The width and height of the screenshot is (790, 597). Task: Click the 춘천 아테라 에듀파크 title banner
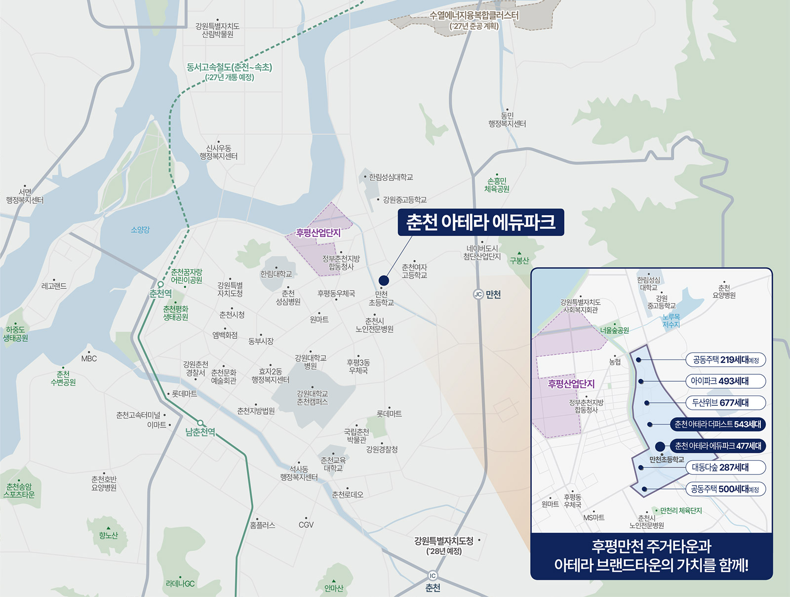(x=480, y=222)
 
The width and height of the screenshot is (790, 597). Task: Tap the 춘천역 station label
(x=161, y=294)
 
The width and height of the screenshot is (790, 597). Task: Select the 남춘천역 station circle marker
(x=200, y=423)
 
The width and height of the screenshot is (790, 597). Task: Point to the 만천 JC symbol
(x=478, y=294)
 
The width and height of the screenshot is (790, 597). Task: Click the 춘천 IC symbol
(x=433, y=576)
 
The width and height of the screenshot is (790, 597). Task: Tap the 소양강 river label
(x=140, y=230)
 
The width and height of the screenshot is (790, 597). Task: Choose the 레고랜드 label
(x=54, y=286)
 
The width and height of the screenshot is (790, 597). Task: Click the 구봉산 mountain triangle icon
(x=519, y=253)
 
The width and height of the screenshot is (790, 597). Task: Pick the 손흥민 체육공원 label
(x=497, y=185)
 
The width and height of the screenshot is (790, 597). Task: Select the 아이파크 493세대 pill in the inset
(x=725, y=381)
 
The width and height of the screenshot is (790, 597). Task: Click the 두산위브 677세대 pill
(x=725, y=403)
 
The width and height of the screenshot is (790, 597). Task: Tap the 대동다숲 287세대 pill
(x=725, y=468)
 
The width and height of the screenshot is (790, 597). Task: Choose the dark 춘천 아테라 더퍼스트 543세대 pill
(x=717, y=424)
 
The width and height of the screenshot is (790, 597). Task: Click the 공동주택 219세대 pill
(x=725, y=359)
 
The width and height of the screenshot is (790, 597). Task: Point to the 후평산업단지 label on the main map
(x=318, y=233)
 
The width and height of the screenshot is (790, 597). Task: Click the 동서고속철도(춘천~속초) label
(x=230, y=67)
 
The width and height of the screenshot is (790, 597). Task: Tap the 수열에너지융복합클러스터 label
(x=474, y=15)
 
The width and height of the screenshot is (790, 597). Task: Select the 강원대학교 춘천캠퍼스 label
(x=312, y=398)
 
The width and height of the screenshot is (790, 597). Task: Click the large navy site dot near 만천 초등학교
(x=384, y=280)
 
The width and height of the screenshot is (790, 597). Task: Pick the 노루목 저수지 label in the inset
(x=671, y=320)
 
